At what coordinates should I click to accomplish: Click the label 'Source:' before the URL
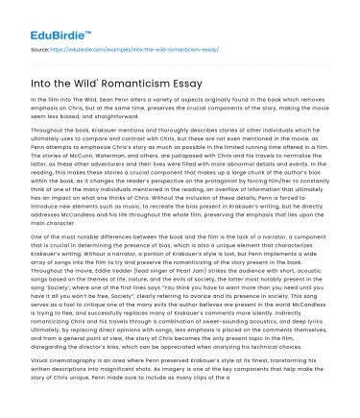tap(40, 45)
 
